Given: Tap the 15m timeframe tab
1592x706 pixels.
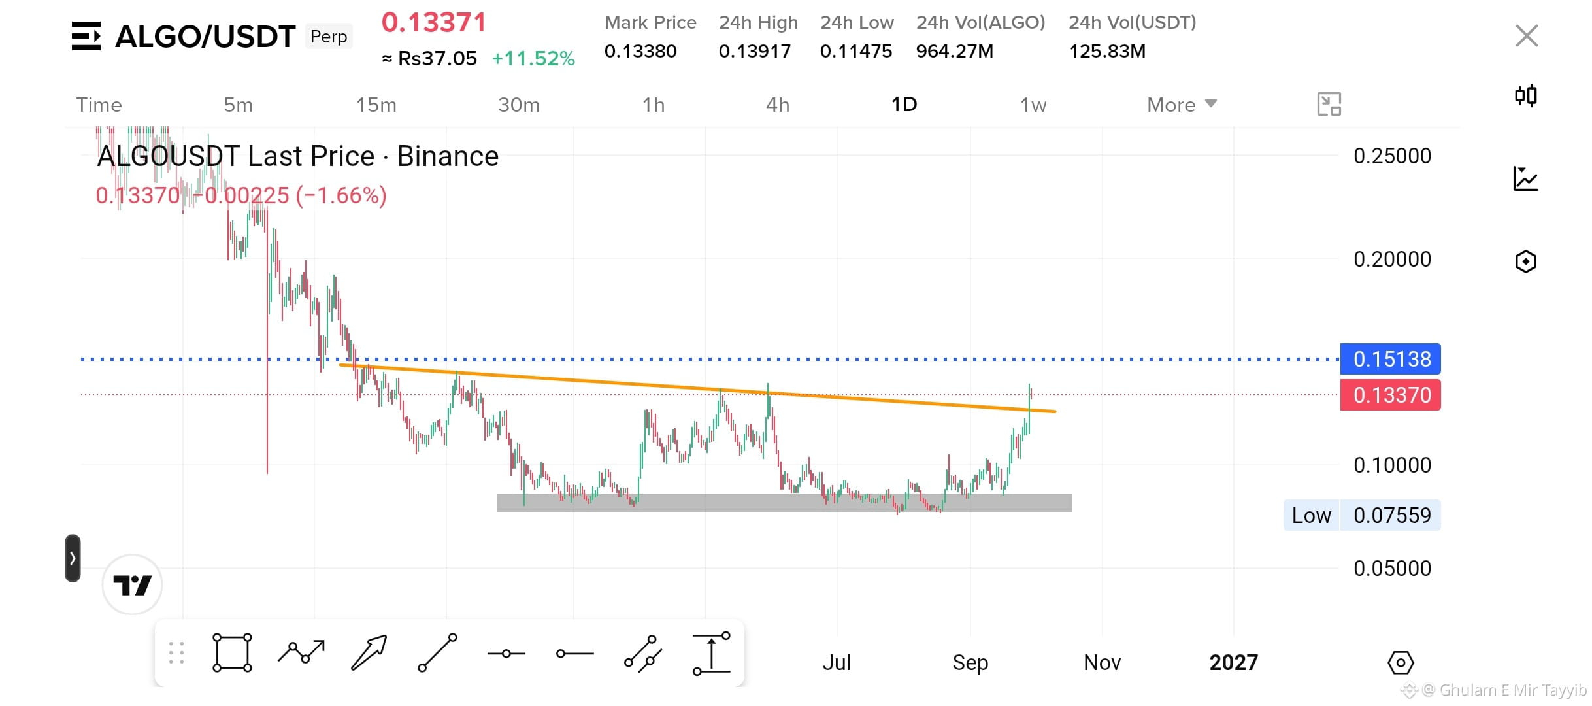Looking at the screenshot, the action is [376, 105].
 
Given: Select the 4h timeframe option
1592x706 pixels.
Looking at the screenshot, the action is [778, 105].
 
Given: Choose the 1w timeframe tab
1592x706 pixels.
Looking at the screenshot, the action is [1033, 105].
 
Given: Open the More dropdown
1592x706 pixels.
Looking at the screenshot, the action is [1182, 105].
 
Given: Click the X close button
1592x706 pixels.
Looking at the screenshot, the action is [1527, 36].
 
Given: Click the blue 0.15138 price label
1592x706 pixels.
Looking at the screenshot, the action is [1391, 359].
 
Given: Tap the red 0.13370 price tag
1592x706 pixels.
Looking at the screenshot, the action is [1391, 395].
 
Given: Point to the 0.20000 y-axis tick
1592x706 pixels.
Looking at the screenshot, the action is [1392, 260].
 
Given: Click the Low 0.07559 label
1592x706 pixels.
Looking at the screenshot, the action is [1362, 515].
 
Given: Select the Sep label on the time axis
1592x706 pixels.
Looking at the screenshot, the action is [970, 662].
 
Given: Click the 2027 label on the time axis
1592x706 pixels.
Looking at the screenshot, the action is [1233, 662].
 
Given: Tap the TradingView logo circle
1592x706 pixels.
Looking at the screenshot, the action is [133, 584].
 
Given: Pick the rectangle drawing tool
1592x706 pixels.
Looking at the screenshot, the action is [232, 652].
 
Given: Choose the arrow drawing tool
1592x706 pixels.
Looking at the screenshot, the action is [369, 652].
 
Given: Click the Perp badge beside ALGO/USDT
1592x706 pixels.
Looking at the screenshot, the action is [329, 37].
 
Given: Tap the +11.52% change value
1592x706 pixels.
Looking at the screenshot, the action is [533, 58].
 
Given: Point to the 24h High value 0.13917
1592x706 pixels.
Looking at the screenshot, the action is [755, 51].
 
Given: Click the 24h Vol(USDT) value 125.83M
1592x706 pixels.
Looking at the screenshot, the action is [1107, 51].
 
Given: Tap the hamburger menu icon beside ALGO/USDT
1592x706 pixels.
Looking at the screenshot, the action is [86, 36].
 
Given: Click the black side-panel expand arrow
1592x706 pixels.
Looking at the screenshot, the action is [73, 558].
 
